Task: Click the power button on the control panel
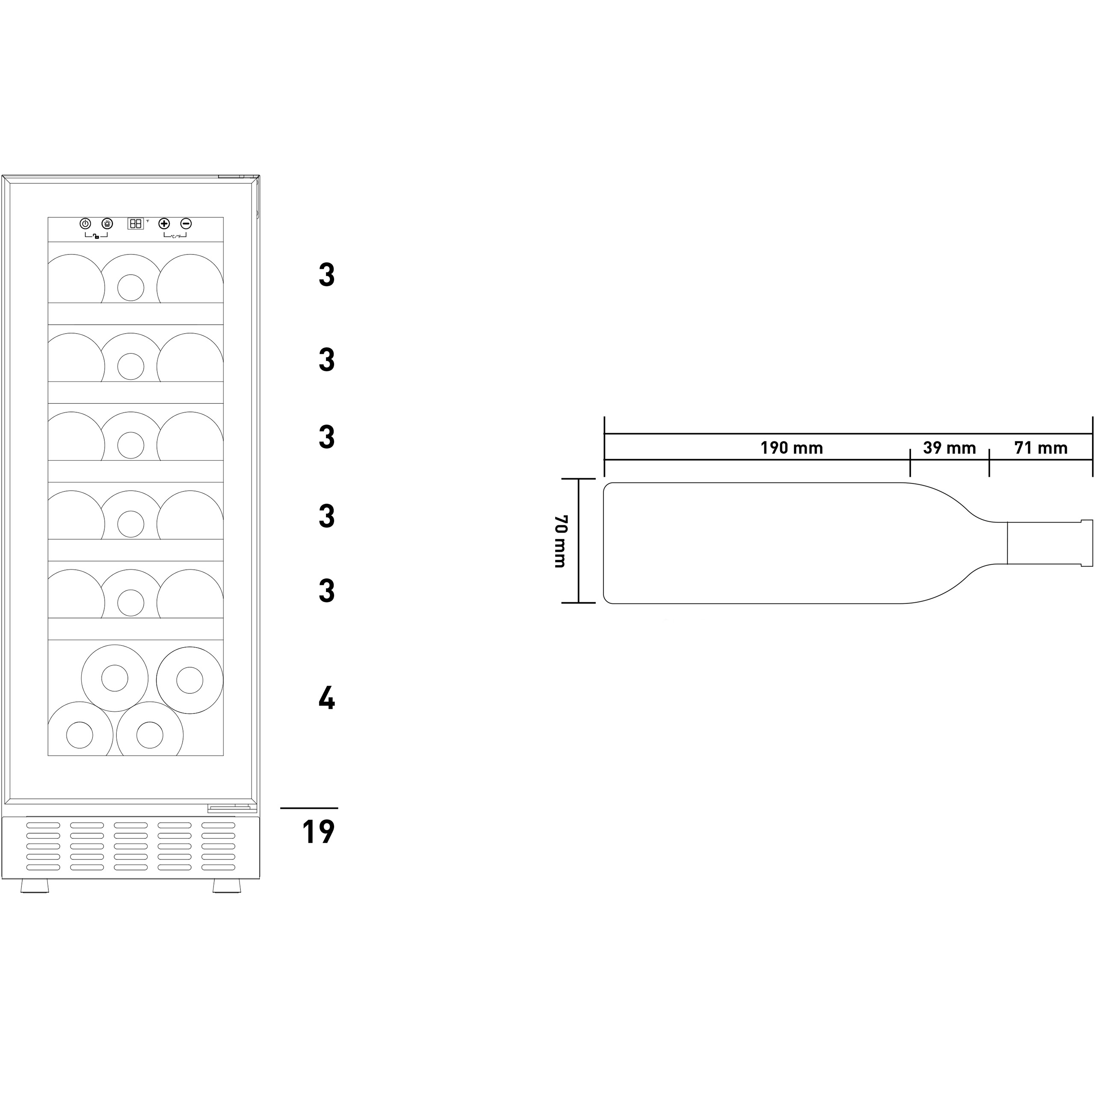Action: pyautogui.click(x=86, y=223)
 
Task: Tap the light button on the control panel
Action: pyautogui.click(x=107, y=223)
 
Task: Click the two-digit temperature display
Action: pyautogui.click(x=136, y=223)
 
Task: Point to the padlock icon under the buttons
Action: pyautogui.click(x=96, y=237)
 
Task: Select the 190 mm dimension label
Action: pyautogui.click(x=791, y=448)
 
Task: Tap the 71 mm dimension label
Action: pyautogui.click(x=1041, y=448)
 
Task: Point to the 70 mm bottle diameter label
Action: pyautogui.click(x=560, y=541)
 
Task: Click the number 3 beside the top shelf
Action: pyautogui.click(x=327, y=275)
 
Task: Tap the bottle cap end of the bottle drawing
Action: pyautogui.click(x=1086, y=542)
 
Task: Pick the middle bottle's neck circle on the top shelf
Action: pyautogui.click(x=131, y=288)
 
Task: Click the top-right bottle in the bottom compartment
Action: pyautogui.click(x=190, y=680)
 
